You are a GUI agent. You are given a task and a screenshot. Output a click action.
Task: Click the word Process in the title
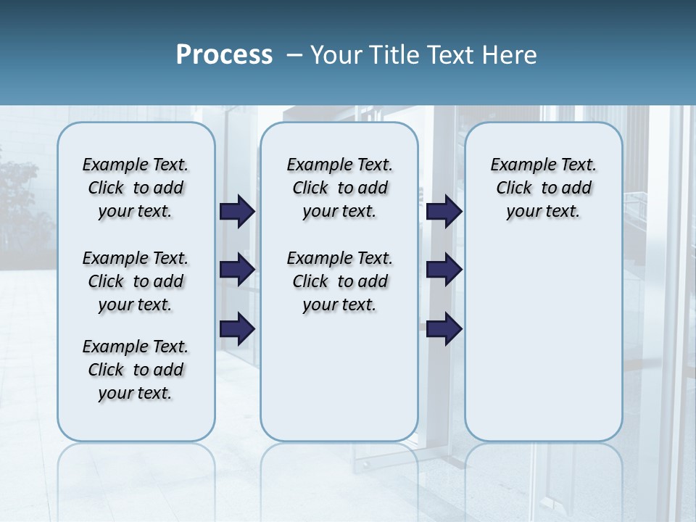pos(224,54)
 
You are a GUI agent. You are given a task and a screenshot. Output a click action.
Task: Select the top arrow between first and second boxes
pos(237,211)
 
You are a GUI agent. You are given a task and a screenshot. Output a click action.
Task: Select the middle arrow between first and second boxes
pos(237,270)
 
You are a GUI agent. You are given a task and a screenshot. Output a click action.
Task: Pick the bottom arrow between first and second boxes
pos(237,328)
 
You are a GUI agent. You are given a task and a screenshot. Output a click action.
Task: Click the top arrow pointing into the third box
pos(444,211)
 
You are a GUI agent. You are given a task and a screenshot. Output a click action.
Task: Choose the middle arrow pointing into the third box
pos(444,270)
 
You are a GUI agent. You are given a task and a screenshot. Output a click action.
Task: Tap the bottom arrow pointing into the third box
pos(444,328)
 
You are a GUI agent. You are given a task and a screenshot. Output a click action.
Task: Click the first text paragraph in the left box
pos(136,188)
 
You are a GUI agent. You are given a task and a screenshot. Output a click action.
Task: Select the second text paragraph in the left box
pos(136,281)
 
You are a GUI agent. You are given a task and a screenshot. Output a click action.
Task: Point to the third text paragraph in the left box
pos(136,370)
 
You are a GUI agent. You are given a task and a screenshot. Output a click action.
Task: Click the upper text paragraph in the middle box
pos(339,188)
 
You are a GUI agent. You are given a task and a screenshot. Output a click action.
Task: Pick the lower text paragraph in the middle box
pos(339,281)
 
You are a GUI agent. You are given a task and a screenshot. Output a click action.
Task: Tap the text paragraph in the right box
pos(543,188)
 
